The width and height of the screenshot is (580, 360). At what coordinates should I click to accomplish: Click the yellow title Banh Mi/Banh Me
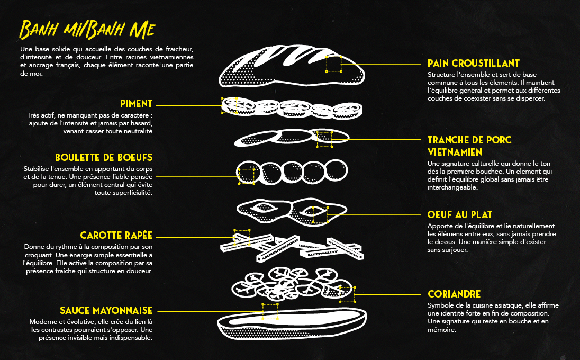click(x=87, y=30)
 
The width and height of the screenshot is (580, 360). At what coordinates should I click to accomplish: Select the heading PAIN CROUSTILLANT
click(x=474, y=64)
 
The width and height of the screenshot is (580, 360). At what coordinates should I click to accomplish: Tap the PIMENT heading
click(x=136, y=104)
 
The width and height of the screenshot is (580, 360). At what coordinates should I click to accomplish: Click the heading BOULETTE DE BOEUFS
click(x=104, y=158)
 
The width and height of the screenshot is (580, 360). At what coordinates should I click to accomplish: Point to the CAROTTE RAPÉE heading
click(x=116, y=235)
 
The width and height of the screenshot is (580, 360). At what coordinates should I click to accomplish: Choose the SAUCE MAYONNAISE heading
click(x=106, y=310)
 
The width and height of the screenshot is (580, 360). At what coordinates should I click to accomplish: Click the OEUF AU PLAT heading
click(x=459, y=215)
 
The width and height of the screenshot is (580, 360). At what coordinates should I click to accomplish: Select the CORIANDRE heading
click(x=454, y=294)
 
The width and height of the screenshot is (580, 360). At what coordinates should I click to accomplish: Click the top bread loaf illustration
click(x=292, y=67)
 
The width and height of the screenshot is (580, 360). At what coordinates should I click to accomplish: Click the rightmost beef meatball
click(x=336, y=170)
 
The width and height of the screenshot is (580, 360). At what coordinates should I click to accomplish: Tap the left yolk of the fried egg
click(x=264, y=208)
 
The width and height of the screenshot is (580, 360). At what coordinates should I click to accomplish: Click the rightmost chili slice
click(x=347, y=110)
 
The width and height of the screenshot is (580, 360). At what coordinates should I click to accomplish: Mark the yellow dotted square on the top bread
click(x=333, y=64)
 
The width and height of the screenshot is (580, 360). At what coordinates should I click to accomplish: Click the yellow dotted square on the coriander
click(x=347, y=294)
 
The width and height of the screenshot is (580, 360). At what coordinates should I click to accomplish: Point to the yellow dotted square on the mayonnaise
click(x=270, y=311)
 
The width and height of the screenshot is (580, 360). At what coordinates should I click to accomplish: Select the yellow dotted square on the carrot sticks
click(x=242, y=238)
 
